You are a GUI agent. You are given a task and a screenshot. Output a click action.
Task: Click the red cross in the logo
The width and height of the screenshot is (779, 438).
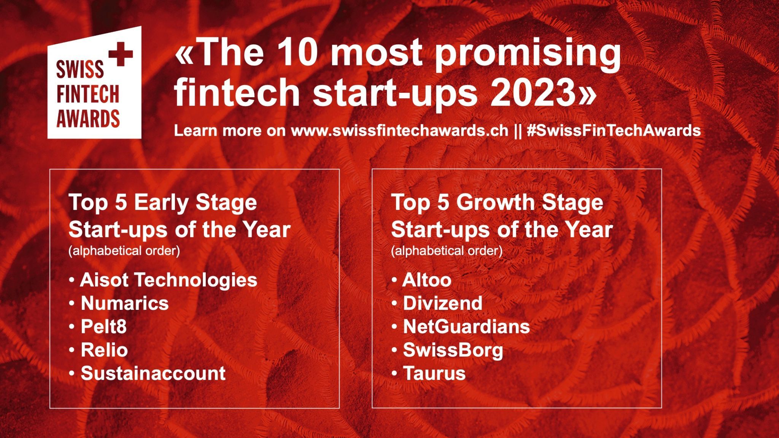121,54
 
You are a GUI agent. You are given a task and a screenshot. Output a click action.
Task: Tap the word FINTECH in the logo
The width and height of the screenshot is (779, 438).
88,94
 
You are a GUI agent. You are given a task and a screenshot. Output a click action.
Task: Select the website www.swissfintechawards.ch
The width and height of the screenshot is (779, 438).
399,130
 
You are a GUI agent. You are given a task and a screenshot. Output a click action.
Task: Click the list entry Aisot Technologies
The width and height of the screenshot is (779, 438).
169,280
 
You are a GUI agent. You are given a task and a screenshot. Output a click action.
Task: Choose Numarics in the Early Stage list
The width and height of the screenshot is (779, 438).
124,303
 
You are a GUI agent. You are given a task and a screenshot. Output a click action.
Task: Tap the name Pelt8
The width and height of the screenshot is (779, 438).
103,327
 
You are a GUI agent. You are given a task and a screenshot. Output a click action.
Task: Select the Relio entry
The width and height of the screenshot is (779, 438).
104,350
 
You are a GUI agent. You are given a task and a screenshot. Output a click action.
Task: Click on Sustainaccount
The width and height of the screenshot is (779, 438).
153,373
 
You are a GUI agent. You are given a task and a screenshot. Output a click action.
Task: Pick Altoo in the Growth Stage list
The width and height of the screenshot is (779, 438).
427,280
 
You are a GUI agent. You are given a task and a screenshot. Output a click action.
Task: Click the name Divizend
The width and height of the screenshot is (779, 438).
442,303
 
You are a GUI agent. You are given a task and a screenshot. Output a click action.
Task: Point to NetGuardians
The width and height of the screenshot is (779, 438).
466,327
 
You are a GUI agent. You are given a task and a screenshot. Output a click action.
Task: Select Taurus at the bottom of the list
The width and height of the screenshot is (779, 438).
434,373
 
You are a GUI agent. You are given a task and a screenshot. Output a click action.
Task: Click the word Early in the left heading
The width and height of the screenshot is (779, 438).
161,203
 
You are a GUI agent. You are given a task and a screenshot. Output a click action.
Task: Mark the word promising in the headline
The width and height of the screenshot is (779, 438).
528,55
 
